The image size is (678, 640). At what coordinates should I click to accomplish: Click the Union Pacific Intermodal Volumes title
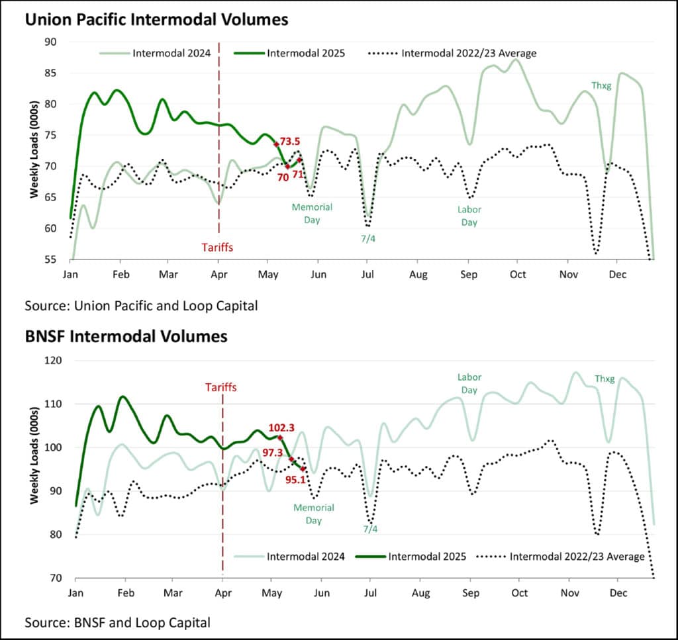[156, 19]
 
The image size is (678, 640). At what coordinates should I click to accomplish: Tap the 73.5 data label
[290, 141]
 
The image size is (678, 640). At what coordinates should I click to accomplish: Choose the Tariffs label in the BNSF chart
[221, 387]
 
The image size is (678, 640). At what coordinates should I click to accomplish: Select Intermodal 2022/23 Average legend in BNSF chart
[577, 557]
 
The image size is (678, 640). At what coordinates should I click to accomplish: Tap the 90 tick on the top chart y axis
[51, 42]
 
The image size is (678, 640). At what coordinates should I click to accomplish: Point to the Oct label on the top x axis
[517, 274]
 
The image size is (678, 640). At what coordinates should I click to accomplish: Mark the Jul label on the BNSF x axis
[369, 593]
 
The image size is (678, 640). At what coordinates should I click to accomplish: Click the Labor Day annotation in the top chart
[469, 216]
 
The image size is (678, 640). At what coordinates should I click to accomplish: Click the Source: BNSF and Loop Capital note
[118, 622]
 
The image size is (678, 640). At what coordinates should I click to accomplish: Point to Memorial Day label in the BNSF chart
[313, 514]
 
